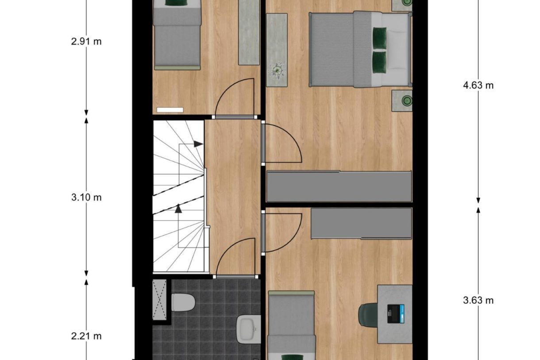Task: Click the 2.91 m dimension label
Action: pos(86,42)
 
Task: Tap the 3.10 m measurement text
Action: pos(86,197)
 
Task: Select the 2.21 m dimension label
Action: pos(86,336)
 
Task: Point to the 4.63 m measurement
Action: pos(478,85)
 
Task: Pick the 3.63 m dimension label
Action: pos(478,301)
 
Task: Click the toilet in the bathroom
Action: pos(183,303)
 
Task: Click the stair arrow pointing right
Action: pos(198,144)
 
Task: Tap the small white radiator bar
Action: pos(170,109)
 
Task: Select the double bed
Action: pos(359,49)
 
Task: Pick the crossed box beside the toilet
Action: pos(159,299)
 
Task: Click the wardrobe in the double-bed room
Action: pos(339,186)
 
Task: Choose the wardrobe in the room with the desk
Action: pos(361,224)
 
